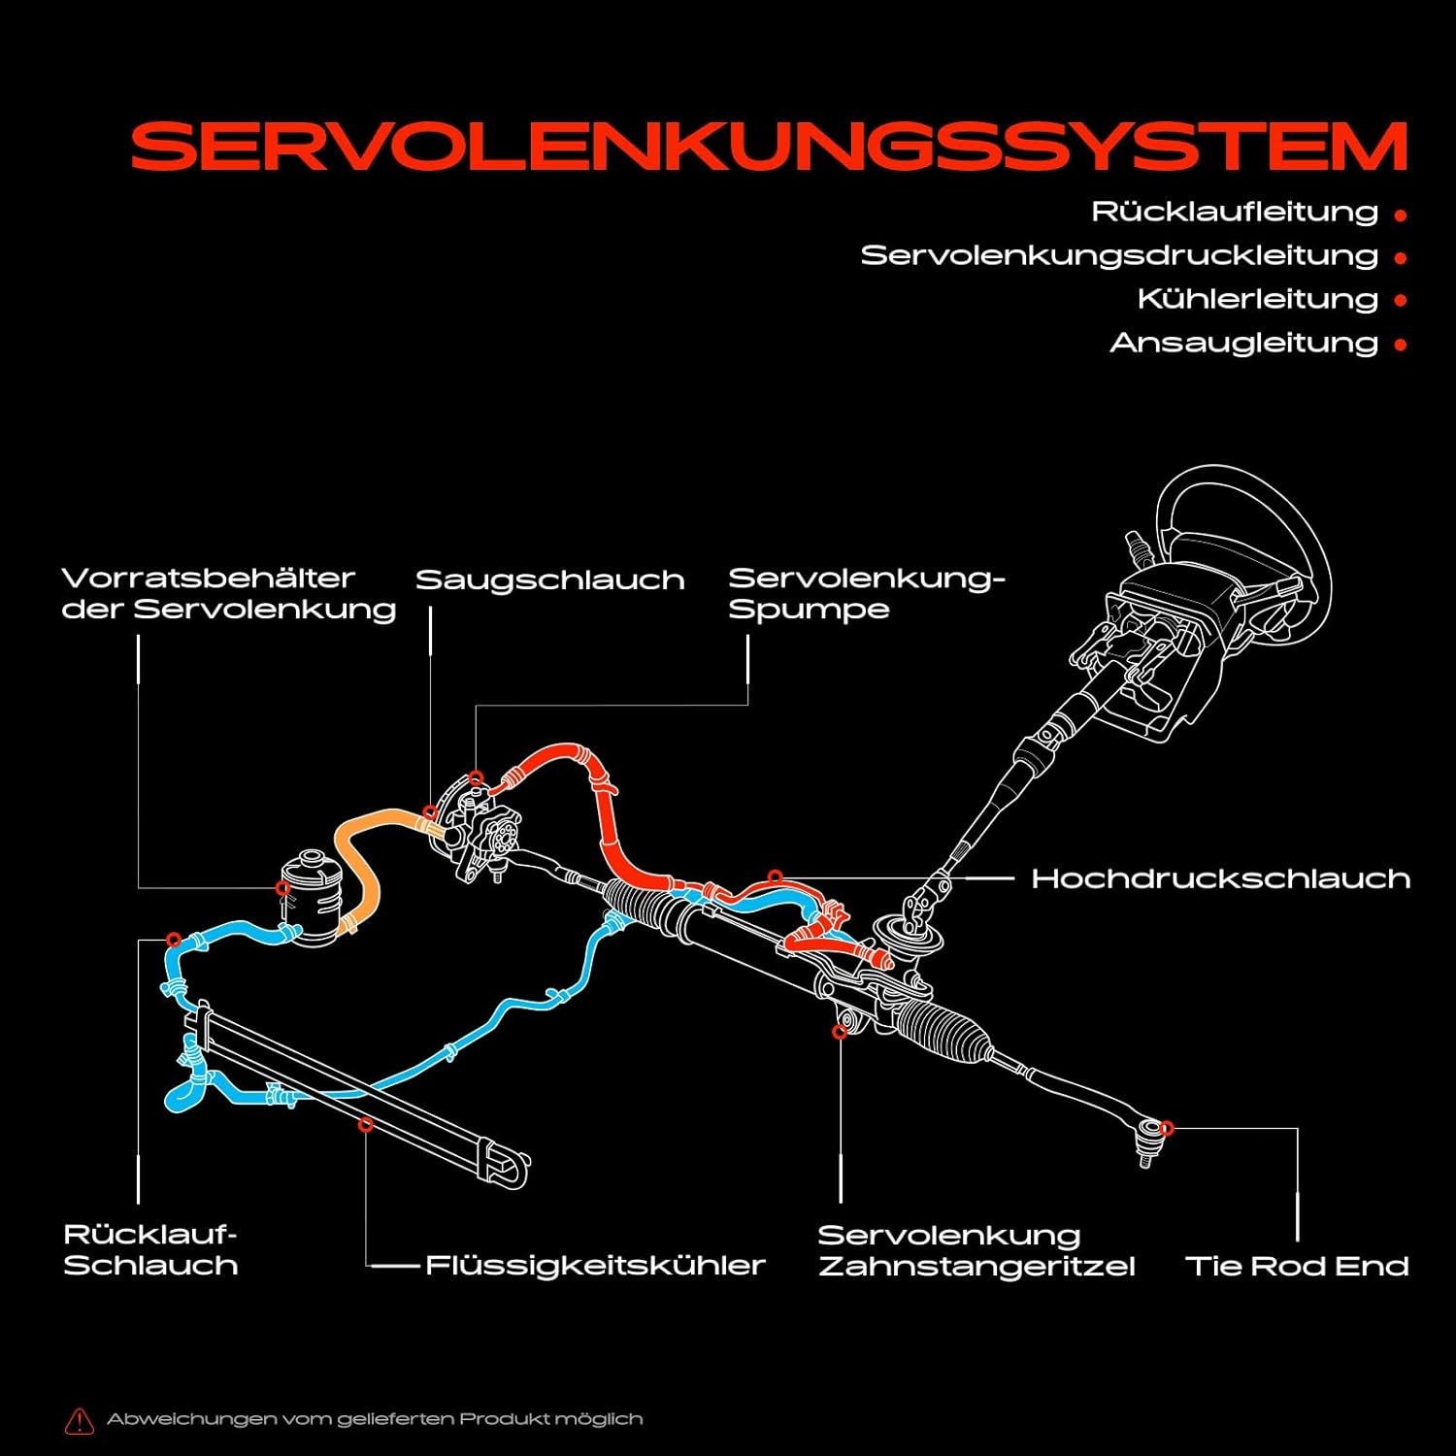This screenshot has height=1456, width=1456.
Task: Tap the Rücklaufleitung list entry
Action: point(1235,212)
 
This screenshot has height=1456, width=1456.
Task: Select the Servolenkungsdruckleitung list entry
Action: point(1119,255)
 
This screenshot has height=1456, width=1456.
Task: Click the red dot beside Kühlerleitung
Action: point(1400,301)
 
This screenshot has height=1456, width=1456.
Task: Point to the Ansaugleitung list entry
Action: point(1243,343)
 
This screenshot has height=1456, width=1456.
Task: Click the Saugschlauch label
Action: point(549,580)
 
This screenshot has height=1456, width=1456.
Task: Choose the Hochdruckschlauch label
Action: point(1220,878)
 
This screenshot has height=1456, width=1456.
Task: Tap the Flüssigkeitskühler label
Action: point(595,1266)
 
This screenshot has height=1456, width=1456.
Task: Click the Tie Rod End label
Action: point(1297,1266)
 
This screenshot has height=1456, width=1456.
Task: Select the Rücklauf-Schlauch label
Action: point(150,1250)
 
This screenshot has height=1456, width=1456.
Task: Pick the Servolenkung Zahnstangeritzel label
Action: point(976,1250)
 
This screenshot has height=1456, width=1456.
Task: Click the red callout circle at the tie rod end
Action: point(1167,1128)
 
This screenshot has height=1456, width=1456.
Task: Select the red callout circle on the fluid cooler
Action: point(366,1125)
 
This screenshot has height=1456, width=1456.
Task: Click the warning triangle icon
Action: point(79,1421)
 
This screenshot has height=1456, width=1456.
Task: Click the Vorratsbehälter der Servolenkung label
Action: point(228,594)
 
